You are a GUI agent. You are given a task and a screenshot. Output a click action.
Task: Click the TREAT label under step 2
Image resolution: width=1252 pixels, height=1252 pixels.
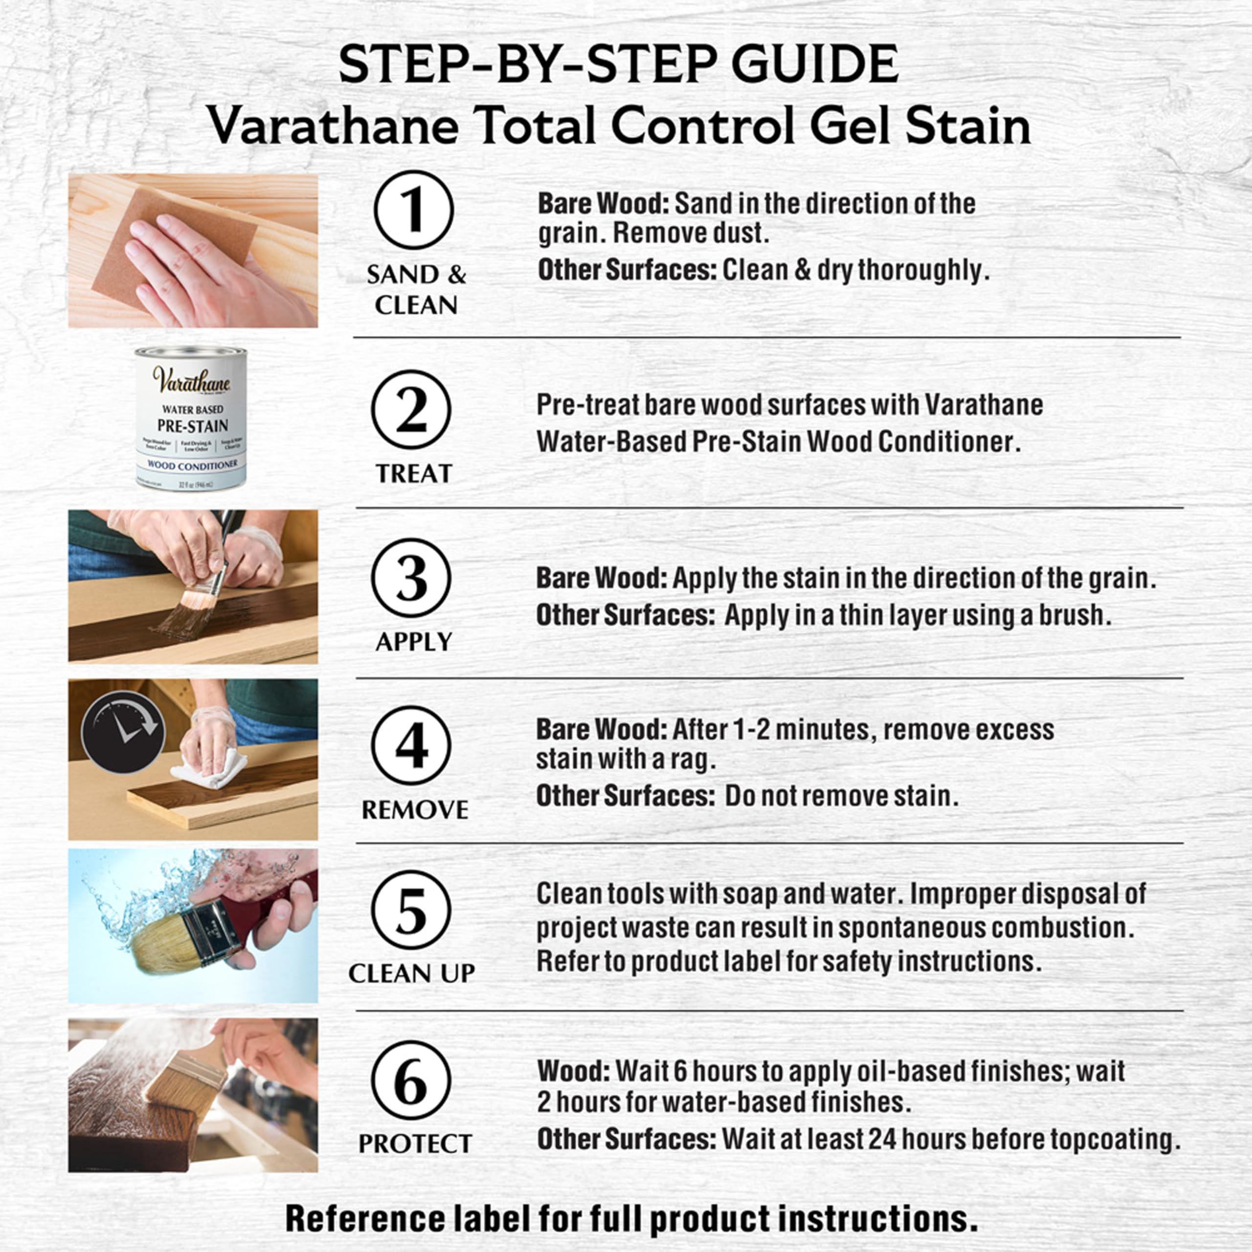[x=413, y=474]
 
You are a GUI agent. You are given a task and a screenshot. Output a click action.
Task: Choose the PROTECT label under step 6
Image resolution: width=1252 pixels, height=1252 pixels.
[x=415, y=1144]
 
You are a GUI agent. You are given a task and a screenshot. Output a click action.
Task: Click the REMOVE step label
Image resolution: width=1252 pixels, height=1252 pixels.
[x=415, y=809]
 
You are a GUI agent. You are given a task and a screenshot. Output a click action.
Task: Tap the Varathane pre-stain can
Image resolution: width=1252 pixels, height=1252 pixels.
[x=191, y=418]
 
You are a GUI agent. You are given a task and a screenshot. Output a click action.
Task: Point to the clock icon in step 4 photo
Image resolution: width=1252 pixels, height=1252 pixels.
[x=123, y=732]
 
